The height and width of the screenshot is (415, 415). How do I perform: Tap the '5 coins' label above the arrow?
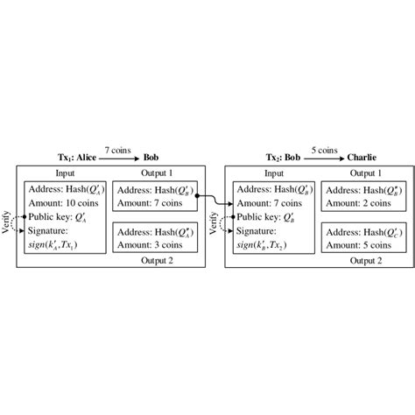point(326,150)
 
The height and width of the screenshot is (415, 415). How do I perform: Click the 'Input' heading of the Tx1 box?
point(65,172)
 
